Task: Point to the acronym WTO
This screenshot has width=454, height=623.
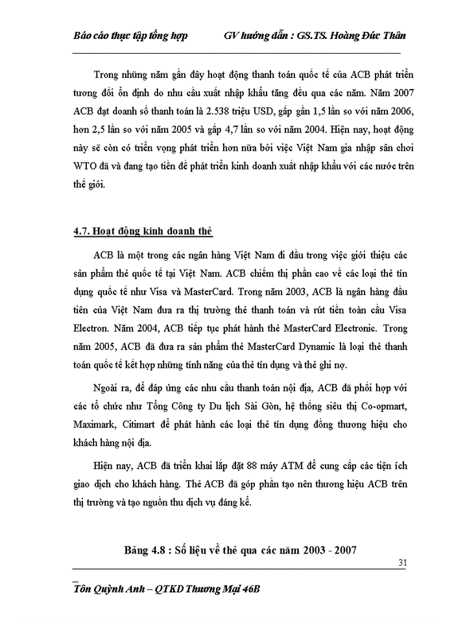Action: coord(85,165)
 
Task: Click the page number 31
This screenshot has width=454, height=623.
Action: coord(402,563)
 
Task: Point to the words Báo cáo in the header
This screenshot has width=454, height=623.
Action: coord(90,35)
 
